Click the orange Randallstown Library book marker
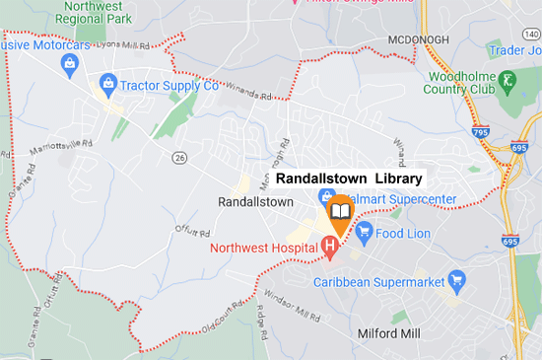pyautogui.click(x=340, y=211)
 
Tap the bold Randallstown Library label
pyautogui.click(x=349, y=179)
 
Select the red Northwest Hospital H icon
pyautogui.click(x=331, y=244)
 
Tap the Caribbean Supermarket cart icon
pyautogui.click(x=456, y=281)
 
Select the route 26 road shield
pyautogui.click(x=178, y=157)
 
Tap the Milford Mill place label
pyautogui.click(x=388, y=333)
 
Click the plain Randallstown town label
pyautogui.click(x=255, y=201)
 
